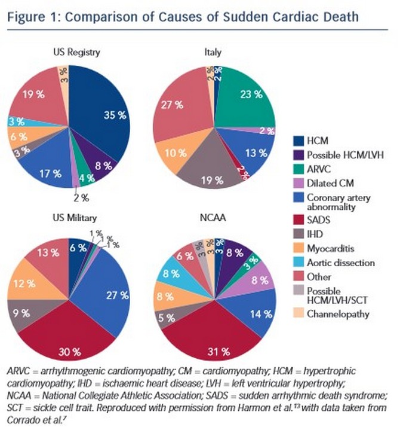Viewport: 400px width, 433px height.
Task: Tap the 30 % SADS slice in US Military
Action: [69, 332]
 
